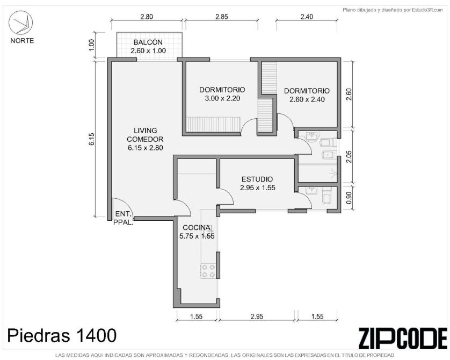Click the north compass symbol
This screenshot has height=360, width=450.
point(20,23)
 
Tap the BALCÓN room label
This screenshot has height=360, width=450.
point(148,47)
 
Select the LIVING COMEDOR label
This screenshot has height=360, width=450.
point(145,139)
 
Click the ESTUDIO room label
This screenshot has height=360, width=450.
point(257,183)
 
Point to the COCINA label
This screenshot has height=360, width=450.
point(197,232)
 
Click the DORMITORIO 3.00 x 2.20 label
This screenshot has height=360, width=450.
point(222,94)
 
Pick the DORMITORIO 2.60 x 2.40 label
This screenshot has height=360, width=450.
point(307,95)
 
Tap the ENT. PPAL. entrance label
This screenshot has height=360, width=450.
point(124,218)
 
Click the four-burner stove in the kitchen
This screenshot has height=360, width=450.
point(208,271)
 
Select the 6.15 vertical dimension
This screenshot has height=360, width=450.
point(91,139)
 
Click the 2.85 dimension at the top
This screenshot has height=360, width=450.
point(222,17)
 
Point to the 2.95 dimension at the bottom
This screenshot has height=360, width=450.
point(257,316)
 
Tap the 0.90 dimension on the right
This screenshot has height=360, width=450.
point(349,198)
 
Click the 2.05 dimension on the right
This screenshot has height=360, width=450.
point(349,156)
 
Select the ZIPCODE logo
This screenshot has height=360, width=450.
point(403,338)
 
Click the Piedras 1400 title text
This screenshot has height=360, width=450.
point(62,335)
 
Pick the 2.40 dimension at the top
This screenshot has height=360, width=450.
point(307,17)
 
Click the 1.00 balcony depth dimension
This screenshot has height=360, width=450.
point(91,45)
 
